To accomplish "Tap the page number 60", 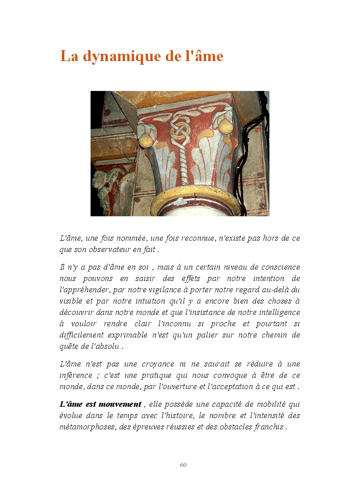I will coord(183,465).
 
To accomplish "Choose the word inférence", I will coord(76,375).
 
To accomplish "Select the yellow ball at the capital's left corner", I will coord(146,140).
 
